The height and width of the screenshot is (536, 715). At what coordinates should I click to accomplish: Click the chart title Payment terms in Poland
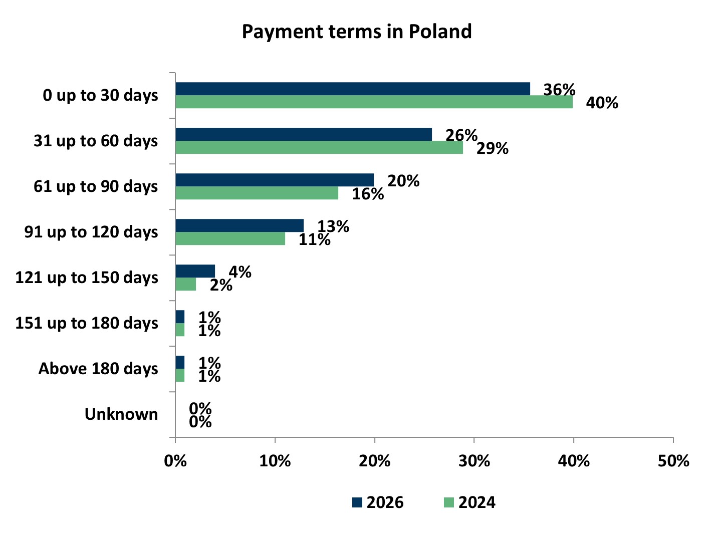(x=357, y=32)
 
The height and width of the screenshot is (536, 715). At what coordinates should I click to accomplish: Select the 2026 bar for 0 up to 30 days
(x=352, y=89)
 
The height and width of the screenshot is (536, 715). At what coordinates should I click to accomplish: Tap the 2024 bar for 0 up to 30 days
(x=374, y=102)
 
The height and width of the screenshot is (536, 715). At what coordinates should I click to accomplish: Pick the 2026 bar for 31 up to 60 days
(x=303, y=134)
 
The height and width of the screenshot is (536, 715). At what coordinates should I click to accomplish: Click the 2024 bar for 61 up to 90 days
(x=257, y=193)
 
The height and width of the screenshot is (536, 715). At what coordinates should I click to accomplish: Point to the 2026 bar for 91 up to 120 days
(x=240, y=225)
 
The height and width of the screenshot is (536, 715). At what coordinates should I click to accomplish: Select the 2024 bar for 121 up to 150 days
(x=185, y=284)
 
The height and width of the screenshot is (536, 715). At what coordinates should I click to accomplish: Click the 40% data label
(x=602, y=103)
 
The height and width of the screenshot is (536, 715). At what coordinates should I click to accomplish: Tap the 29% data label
(x=492, y=148)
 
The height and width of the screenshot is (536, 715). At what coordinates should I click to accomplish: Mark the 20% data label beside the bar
(x=403, y=181)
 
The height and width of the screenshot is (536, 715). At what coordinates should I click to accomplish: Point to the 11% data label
(x=314, y=239)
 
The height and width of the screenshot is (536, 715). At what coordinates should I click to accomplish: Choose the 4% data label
(x=240, y=272)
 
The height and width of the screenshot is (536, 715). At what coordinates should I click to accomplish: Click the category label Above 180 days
(x=98, y=369)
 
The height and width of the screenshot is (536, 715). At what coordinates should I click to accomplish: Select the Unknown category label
(x=121, y=414)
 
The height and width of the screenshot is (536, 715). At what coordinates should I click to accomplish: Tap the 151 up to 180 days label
(x=87, y=323)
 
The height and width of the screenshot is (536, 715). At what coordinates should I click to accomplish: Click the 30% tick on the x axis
(x=474, y=461)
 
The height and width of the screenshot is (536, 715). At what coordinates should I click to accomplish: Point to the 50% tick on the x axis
(x=673, y=461)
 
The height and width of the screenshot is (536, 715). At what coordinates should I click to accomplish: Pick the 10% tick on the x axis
(x=275, y=461)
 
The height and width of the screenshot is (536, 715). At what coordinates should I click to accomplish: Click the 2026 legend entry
(x=378, y=502)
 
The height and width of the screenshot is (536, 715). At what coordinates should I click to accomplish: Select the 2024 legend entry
(x=470, y=502)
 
